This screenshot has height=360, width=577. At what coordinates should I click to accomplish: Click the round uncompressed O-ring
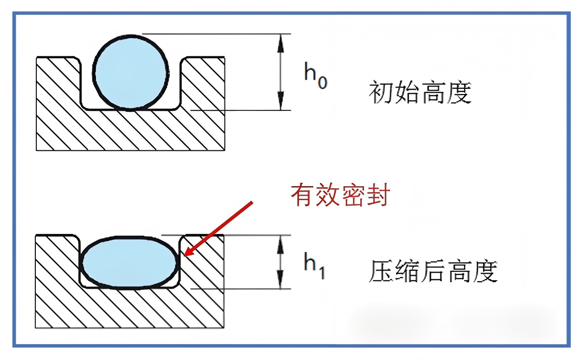point(130,72)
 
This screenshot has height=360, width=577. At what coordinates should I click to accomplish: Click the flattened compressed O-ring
point(129,262)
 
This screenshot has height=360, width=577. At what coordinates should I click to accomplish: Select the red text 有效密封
point(341,196)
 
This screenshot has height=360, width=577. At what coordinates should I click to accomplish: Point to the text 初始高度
point(420,93)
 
